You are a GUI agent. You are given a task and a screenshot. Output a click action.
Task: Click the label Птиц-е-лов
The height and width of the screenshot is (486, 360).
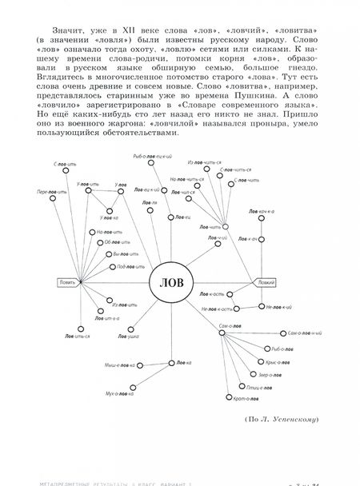(259, 385)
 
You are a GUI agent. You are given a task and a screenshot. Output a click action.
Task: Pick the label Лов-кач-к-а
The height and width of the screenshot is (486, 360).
(261, 210)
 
